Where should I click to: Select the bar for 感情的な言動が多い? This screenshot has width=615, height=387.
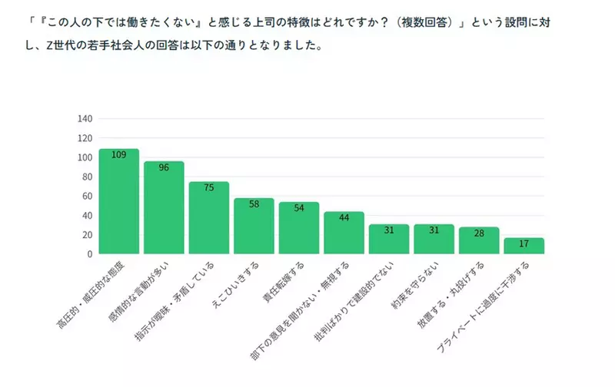click(x=164, y=207)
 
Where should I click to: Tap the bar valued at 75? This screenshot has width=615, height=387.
click(x=208, y=218)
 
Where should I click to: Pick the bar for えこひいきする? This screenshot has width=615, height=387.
click(x=254, y=226)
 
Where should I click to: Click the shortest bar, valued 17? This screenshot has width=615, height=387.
click(x=524, y=246)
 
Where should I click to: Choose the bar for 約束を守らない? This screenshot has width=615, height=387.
click(x=434, y=239)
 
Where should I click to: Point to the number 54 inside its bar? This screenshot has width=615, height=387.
click(x=298, y=208)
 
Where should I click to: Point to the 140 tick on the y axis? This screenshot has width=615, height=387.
click(x=85, y=119)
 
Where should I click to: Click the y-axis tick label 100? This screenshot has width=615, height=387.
click(x=85, y=157)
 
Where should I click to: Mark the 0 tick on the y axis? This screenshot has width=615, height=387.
click(x=90, y=254)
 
